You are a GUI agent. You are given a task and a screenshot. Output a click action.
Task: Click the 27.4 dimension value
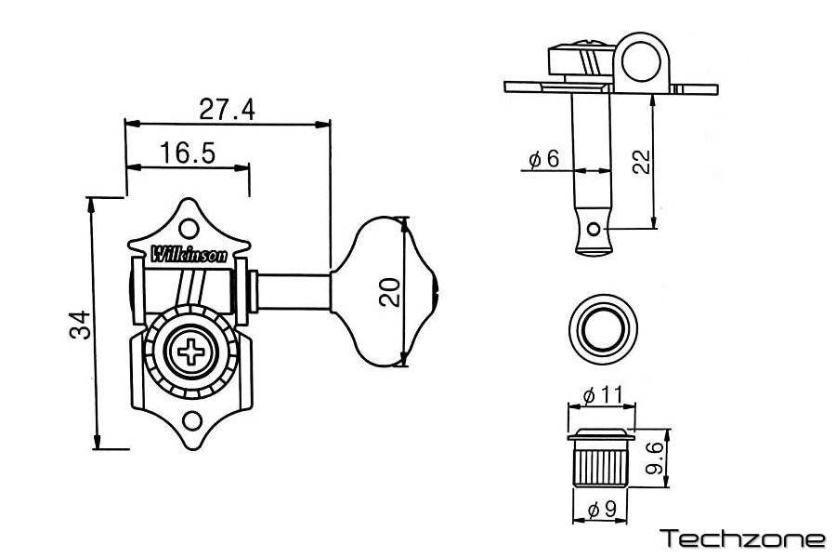[227, 109]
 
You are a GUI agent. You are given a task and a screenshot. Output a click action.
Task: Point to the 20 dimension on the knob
[391, 292]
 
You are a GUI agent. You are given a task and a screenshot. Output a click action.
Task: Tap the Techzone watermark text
[741, 538]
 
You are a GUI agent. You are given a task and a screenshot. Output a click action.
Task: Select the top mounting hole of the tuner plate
[189, 228]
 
